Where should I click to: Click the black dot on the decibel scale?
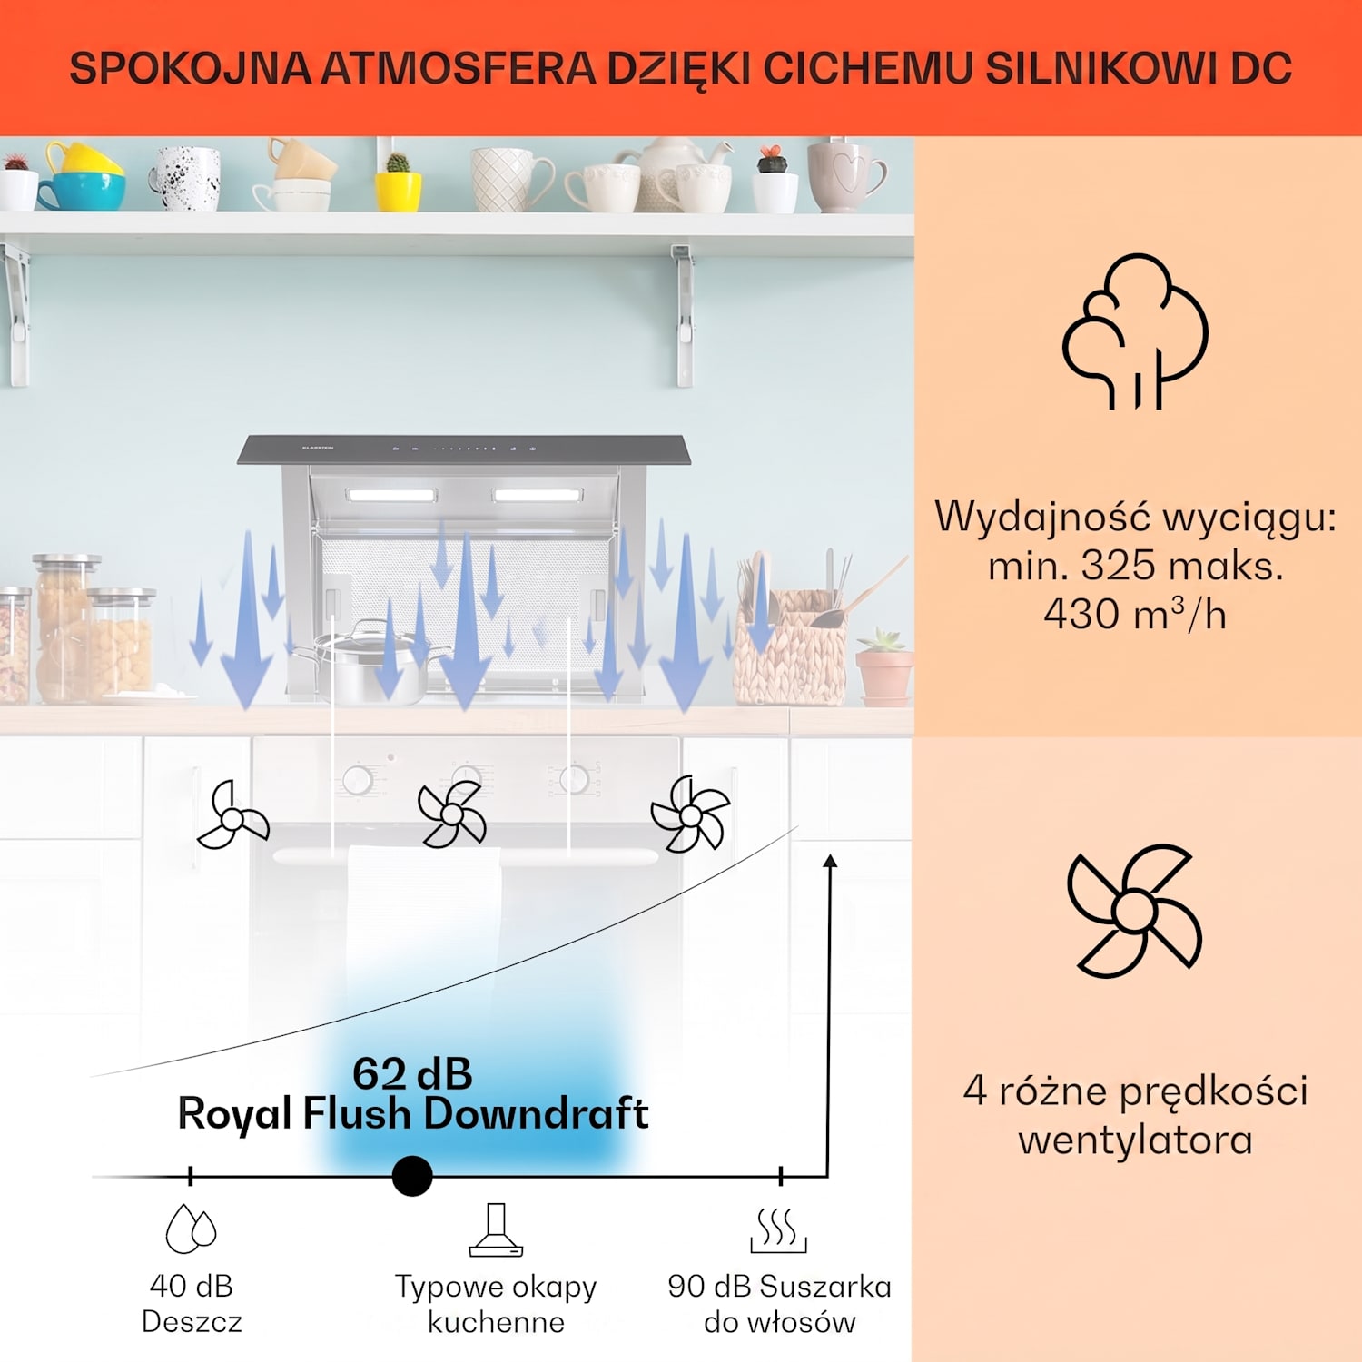click(x=412, y=1176)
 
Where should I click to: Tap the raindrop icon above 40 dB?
click(x=191, y=1229)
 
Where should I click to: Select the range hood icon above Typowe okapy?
click(x=496, y=1229)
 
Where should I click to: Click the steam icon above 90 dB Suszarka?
click(x=779, y=1230)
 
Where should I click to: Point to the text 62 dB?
click(x=412, y=1073)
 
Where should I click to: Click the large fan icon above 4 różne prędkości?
click(x=1135, y=911)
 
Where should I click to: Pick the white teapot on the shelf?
click(x=674, y=173)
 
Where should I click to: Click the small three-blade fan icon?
click(x=233, y=816)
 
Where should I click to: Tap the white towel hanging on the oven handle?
click(x=424, y=917)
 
